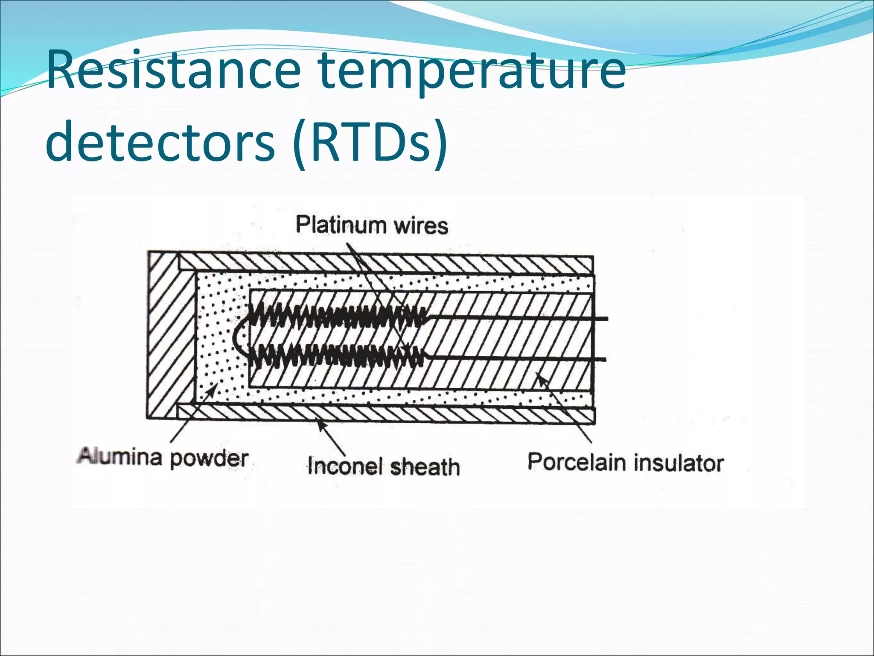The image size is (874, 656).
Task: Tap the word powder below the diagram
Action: click(209, 458)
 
